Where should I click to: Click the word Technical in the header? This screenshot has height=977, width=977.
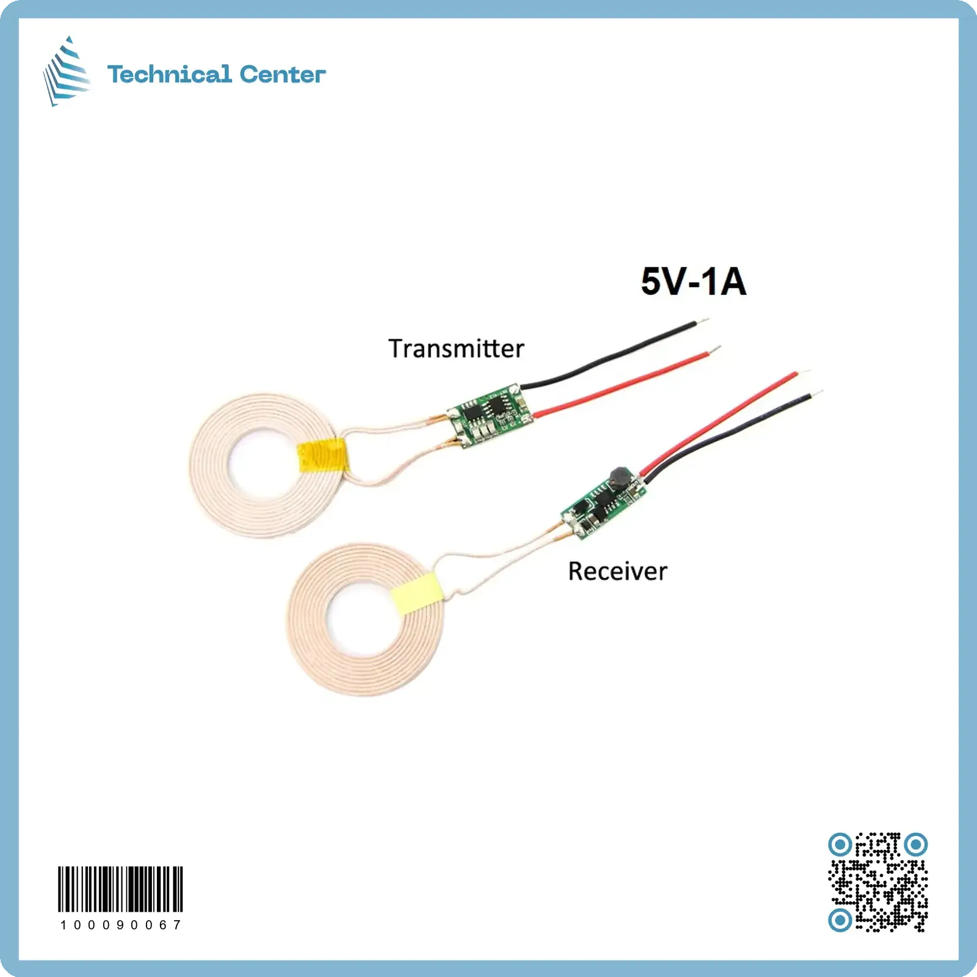(x=169, y=74)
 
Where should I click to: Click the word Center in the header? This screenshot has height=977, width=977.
(x=282, y=74)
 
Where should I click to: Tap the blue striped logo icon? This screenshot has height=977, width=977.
(x=67, y=72)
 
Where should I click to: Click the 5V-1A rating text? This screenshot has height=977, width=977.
(x=693, y=281)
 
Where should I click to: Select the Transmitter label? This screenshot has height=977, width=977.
(x=456, y=349)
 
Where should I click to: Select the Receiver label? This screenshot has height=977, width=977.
(x=617, y=572)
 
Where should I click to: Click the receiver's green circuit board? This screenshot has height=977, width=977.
(x=604, y=504)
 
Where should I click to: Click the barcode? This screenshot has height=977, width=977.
(x=120, y=888)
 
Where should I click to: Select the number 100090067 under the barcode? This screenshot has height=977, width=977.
(x=120, y=925)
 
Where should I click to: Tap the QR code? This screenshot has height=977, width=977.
(x=877, y=882)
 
